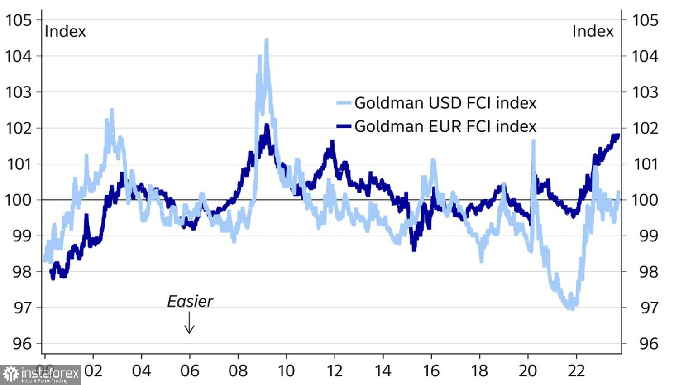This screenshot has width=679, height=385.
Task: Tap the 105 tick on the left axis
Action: point(19,20)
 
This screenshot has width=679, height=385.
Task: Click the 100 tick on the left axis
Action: point(19,200)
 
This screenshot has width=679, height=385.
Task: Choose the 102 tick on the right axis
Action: point(645,128)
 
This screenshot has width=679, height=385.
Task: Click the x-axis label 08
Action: point(238,371)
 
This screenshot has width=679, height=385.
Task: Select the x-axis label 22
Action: point(576,371)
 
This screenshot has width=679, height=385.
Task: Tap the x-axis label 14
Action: point(383,371)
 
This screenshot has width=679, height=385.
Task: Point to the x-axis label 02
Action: point(93,371)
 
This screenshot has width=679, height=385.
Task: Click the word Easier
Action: point(190,302)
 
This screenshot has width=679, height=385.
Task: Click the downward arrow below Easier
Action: point(189,323)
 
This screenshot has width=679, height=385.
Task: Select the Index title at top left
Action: point(65,31)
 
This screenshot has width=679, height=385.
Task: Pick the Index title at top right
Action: point(593,31)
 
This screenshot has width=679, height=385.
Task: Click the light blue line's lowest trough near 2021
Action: point(572,308)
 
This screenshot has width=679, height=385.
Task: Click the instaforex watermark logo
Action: point(41,375)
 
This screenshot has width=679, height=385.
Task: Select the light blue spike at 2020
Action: point(533,141)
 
